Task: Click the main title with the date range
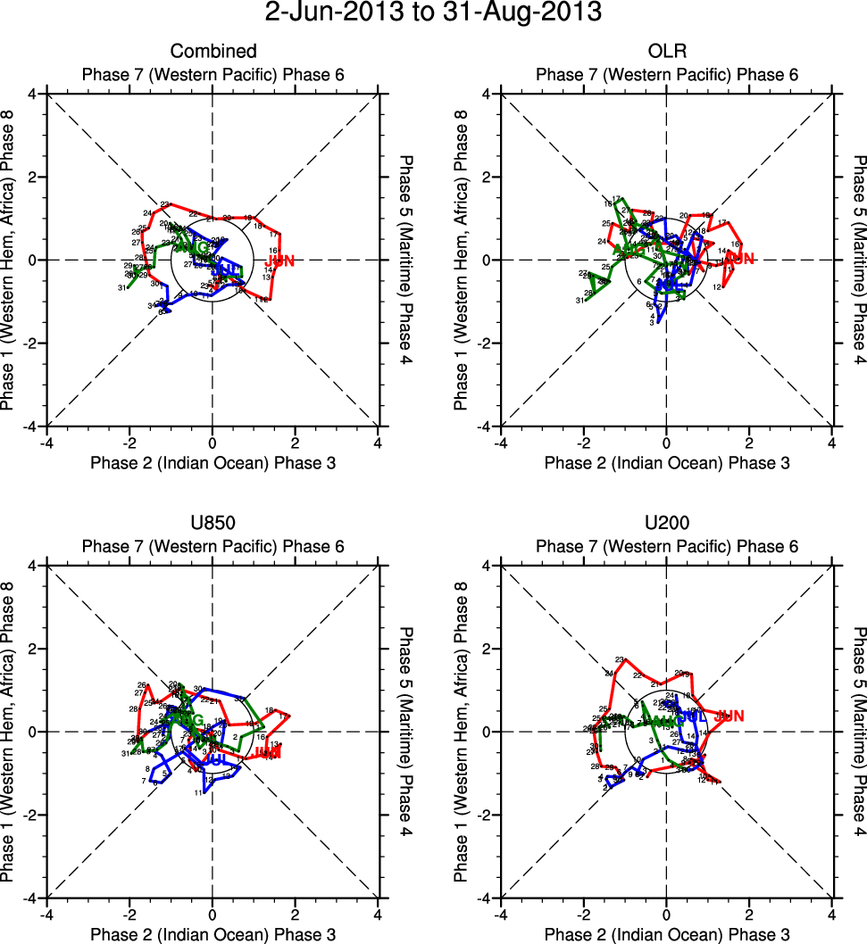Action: click(x=433, y=13)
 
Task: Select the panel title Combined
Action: click(x=213, y=52)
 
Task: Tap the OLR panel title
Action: click(x=667, y=52)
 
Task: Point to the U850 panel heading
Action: click(x=213, y=524)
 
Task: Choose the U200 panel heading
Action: click(x=667, y=524)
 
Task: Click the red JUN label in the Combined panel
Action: click(x=280, y=261)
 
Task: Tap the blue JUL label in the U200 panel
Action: click(x=691, y=716)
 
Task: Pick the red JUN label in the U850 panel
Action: click(x=268, y=753)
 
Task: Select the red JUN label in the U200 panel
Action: click(x=730, y=716)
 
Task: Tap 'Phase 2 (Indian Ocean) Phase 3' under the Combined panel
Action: click(x=213, y=462)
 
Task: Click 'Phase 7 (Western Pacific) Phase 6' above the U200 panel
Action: click(x=667, y=546)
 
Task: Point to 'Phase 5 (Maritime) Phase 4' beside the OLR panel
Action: click(x=859, y=260)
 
